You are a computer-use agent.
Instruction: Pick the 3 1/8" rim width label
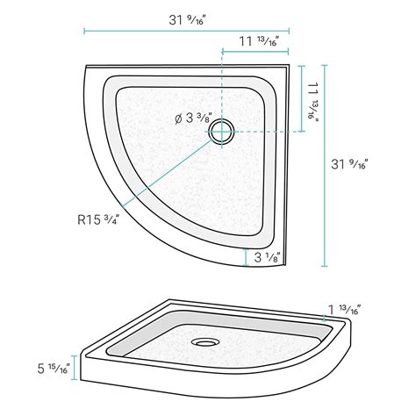pos(268,257)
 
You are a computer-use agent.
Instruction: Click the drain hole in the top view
pos(221,132)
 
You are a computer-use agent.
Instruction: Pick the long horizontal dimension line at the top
pos(187,31)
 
